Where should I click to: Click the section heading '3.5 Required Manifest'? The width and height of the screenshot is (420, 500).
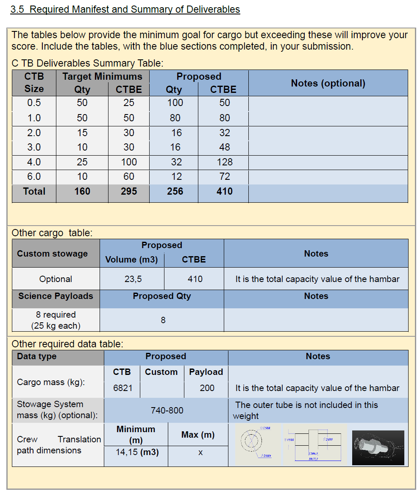125,9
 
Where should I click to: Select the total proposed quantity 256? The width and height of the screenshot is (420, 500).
175,191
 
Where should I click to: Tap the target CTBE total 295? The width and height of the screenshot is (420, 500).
129,191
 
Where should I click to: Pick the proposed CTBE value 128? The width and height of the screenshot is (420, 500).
224,162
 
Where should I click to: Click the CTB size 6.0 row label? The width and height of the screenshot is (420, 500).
34,176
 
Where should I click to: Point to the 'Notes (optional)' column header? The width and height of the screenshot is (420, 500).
328,83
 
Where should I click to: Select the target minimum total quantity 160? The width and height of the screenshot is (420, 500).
82,191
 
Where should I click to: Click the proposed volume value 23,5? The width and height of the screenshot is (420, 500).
133,279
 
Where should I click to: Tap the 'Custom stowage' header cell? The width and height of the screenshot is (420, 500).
52,254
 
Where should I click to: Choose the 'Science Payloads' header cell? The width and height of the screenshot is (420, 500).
56,296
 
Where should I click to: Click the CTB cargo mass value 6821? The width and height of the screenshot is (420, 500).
122,388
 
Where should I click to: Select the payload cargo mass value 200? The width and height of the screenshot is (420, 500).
207,388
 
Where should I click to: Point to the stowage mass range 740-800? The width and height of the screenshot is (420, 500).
167,410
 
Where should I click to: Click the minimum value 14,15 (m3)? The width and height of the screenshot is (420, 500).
137,452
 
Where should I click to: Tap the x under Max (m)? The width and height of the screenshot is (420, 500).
200,453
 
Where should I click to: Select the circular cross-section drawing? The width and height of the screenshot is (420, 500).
254,444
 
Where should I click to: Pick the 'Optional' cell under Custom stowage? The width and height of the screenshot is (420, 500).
56,279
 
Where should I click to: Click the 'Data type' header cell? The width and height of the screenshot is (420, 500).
37,356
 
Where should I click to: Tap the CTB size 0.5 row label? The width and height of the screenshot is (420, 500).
34,103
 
